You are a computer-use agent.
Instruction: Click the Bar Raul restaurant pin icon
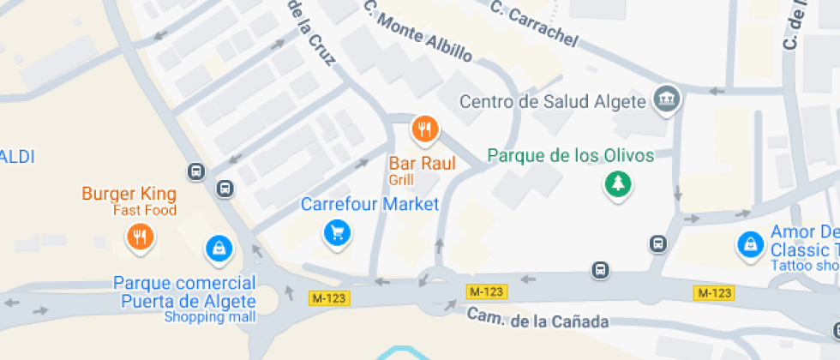tap(424, 129)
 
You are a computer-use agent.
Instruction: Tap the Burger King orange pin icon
tap(140, 236)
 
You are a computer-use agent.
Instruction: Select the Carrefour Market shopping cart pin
tap(338, 231)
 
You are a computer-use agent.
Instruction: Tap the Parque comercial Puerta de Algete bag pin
tap(219, 249)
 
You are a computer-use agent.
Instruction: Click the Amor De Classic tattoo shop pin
tap(751, 244)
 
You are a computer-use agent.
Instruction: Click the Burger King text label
tap(129, 194)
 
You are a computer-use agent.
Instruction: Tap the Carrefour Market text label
tap(369, 205)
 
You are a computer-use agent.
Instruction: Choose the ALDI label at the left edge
tap(17, 157)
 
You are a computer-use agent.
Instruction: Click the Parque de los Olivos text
tap(570, 156)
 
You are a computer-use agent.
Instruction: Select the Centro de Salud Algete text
tap(552, 102)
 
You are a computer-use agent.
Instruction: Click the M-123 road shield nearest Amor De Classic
tap(713, 293)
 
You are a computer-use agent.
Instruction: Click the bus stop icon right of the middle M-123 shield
tap(601, 271)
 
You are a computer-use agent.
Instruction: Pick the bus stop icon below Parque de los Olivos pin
tap(657, 244)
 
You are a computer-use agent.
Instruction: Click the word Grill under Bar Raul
tap(400, 180)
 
